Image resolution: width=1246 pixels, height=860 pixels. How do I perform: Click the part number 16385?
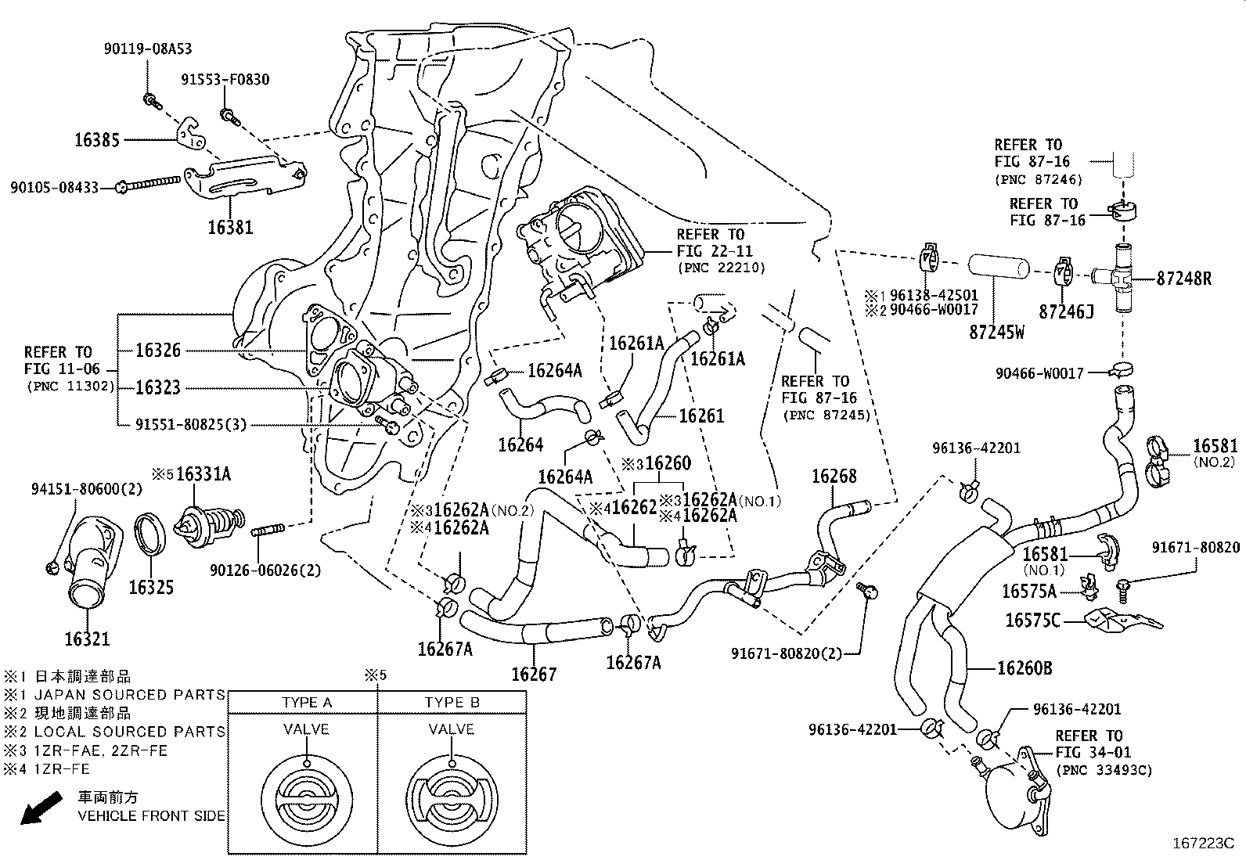click(97, 141)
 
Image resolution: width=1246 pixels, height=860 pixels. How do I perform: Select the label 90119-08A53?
click(147, 49)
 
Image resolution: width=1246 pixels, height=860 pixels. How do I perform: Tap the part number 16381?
click(230, 228)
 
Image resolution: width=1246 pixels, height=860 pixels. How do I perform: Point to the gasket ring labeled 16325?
click(150, 539)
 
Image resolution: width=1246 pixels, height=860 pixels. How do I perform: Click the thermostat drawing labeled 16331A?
click(206, 524)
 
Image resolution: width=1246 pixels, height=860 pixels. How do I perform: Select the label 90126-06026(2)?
click(265, 570)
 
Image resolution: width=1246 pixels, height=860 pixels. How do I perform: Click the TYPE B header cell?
click(452, 702)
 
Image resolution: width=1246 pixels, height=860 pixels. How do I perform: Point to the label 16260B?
click(1025, 668)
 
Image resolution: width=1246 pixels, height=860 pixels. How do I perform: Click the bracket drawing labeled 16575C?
click(1120, 619)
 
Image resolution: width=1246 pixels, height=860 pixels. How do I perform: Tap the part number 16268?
click(834, 476)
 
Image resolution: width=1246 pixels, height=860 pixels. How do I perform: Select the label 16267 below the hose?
click(534, 675)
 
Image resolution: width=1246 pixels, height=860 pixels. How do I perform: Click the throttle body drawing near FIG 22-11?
click(587, 235)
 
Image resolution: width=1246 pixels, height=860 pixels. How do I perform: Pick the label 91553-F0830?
click(225, 79)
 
